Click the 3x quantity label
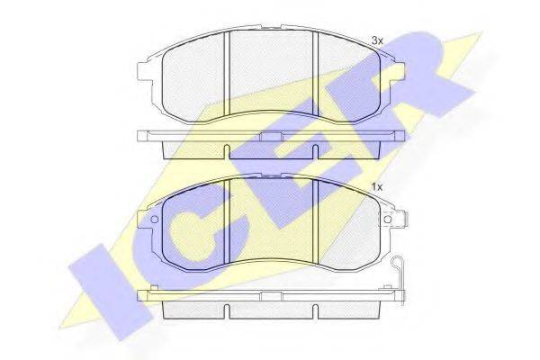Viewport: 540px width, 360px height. click(377, 41)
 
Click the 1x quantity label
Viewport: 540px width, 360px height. click(377, 187)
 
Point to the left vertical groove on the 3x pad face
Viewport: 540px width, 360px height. click(227, 74)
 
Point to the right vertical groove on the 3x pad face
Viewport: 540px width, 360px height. click(315, 73)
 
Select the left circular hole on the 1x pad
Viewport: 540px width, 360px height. click(154, 219)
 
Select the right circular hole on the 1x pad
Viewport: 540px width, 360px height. click(388, 219)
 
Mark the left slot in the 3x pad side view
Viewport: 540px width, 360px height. click(227, 152)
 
